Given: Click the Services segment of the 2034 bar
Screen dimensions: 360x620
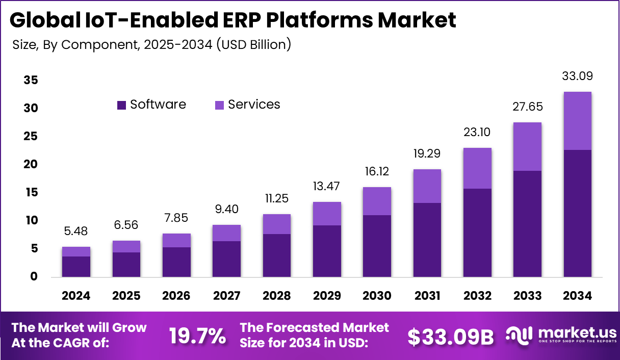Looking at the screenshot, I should point(577,121).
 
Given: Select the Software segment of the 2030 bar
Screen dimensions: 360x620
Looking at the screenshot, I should point(376,246).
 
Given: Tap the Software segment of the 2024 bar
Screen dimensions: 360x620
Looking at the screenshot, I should point(76,267).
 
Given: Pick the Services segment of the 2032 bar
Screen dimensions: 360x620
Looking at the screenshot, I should point(477,168).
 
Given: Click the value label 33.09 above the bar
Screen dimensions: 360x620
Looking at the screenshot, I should point(577,76).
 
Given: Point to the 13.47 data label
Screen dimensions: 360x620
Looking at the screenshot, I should point(326,186).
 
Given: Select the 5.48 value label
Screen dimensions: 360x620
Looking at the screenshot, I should point(76,231).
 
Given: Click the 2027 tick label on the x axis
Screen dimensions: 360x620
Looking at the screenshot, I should point(226,296).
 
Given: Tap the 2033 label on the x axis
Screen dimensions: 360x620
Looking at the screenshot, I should point(527,296).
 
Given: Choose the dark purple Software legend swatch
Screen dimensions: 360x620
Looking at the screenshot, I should point(121,105).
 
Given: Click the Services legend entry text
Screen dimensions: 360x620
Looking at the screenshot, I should point(254,105).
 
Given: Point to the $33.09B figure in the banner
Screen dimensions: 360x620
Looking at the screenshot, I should point(451,336).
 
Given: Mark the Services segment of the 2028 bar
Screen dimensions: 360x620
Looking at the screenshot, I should point(276,224).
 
